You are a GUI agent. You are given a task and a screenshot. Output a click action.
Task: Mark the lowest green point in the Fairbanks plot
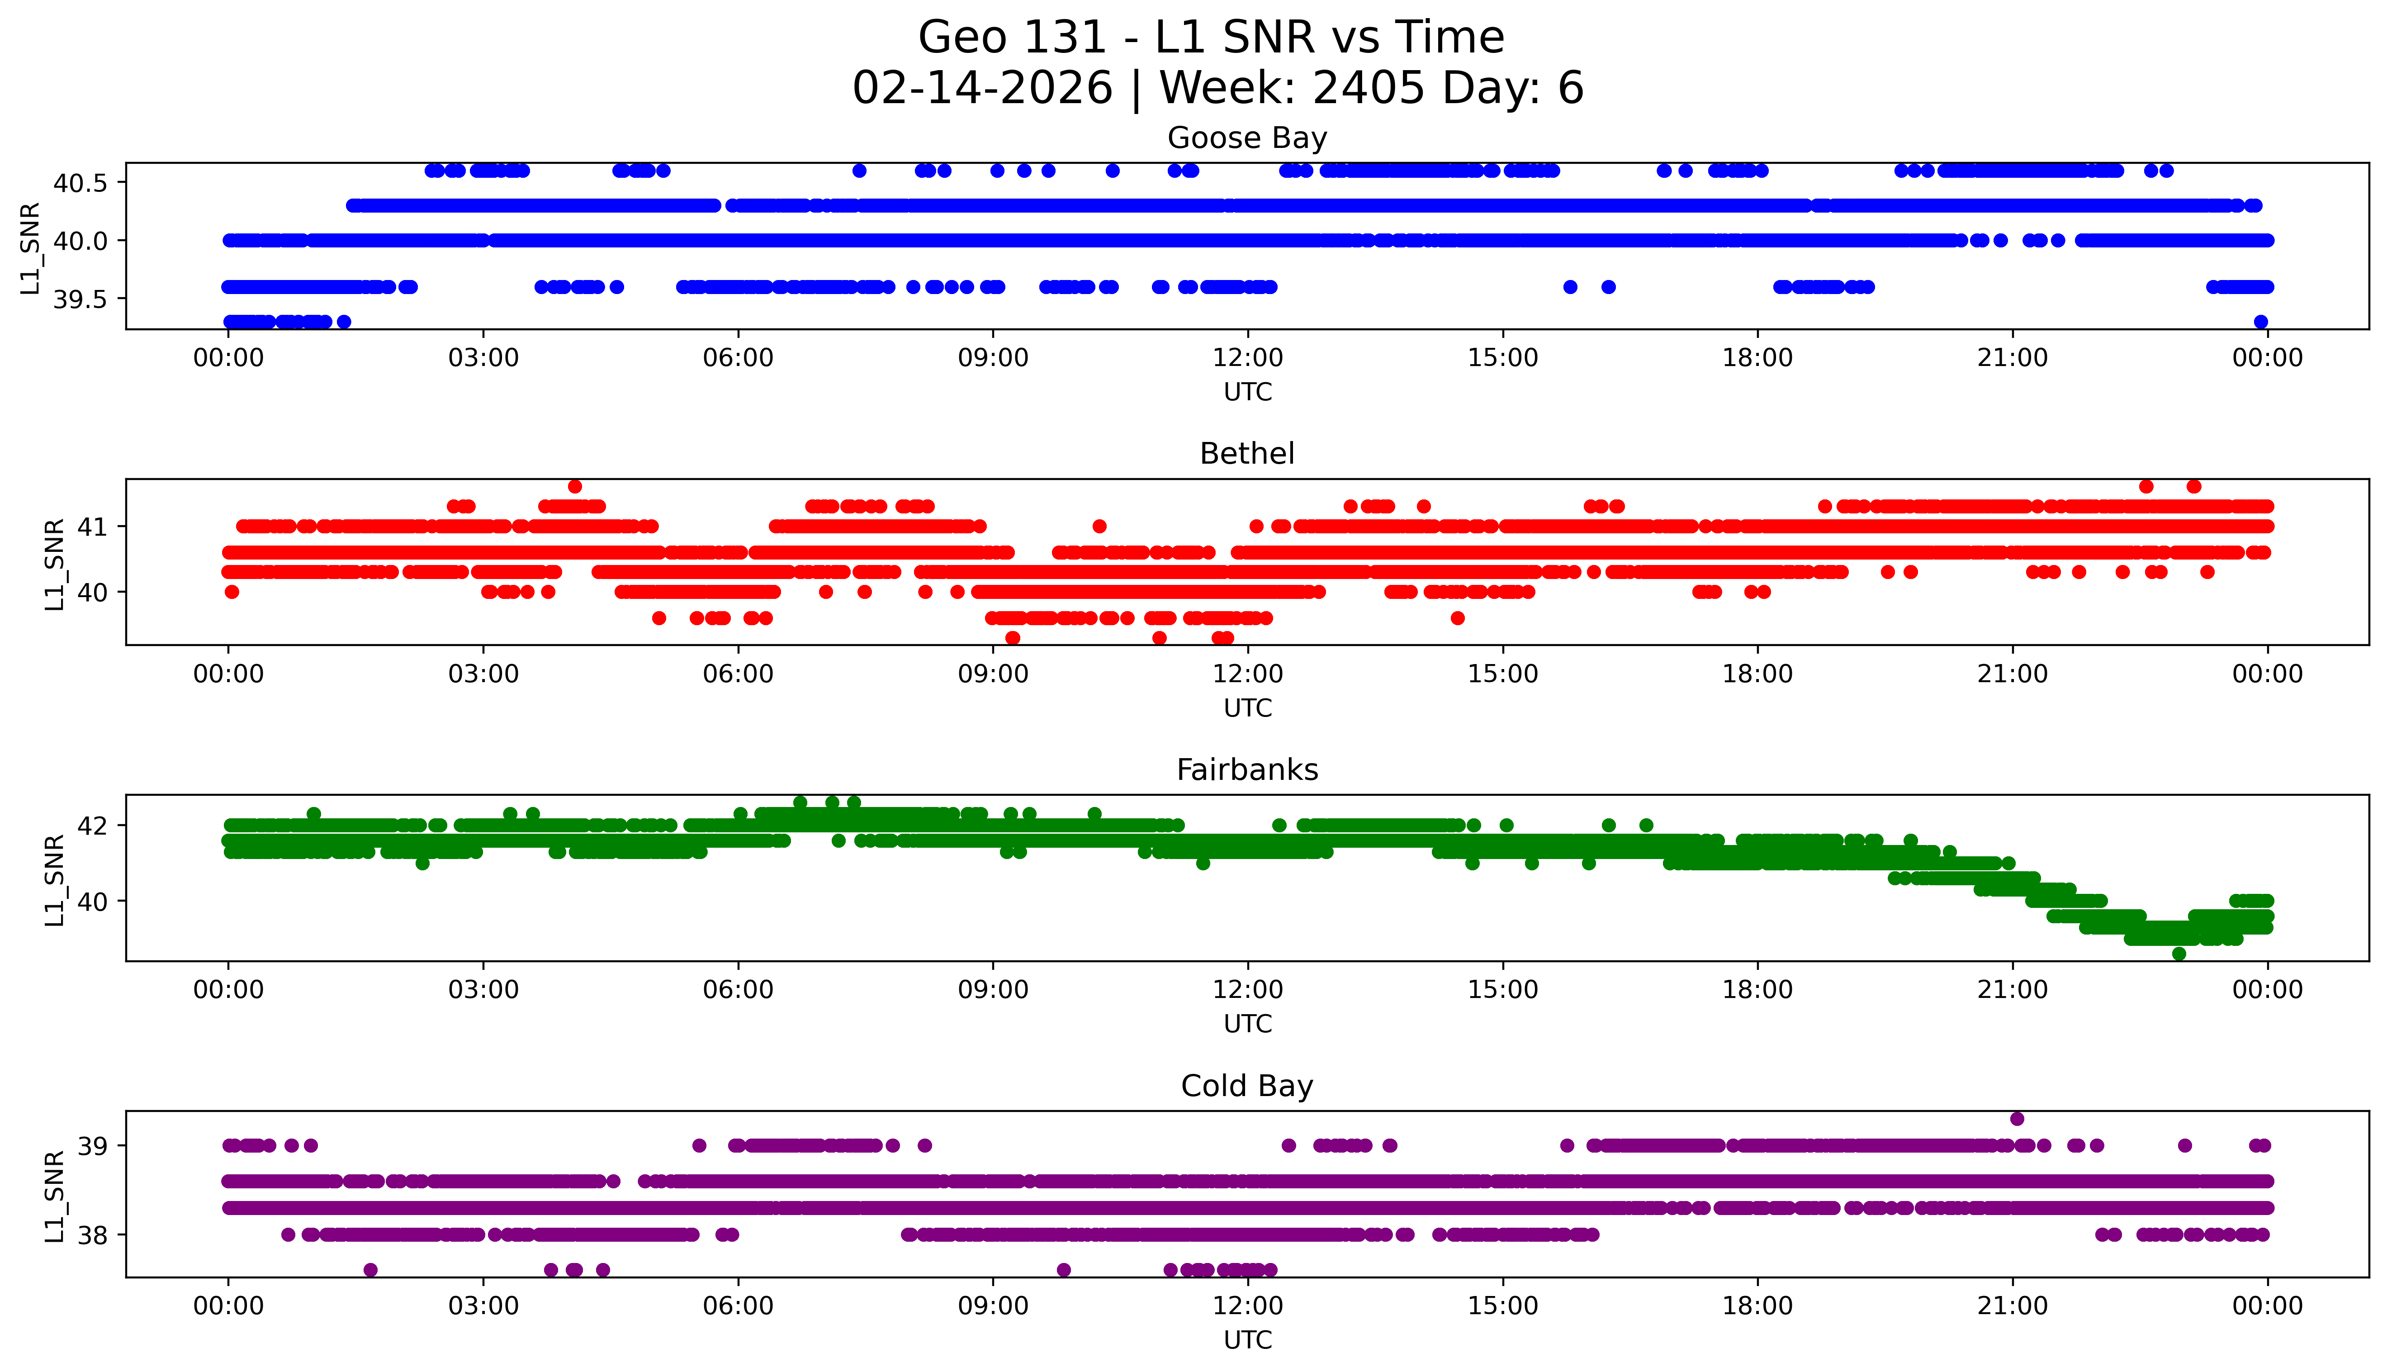[2179, 954]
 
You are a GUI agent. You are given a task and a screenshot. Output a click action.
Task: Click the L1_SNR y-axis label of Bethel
[55, 564]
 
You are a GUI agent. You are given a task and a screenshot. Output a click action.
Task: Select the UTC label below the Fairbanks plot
[1247, 1023]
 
